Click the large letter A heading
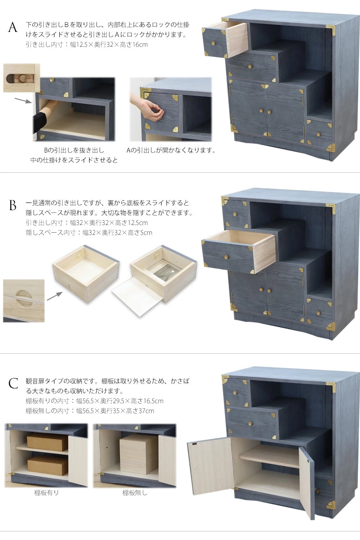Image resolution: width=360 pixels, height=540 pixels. [13, 27]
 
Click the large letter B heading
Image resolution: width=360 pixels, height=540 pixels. [13, 205]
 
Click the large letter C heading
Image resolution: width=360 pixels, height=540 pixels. [13, 383]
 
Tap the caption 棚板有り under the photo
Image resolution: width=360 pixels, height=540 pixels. [46, 492]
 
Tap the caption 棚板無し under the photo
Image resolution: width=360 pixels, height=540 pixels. [135, 492]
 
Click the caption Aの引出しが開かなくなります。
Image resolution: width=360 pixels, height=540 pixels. [171, 150]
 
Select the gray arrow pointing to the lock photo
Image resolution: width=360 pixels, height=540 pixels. [23, 100]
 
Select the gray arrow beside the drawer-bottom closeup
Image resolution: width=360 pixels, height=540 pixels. [54, 296]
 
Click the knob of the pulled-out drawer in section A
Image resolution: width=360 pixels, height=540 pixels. [213, 43]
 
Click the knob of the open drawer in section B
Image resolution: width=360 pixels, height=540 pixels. [226, 257]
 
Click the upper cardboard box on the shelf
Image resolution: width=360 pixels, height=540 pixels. [47, 442]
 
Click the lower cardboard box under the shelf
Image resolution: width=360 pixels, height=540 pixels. [48, 465]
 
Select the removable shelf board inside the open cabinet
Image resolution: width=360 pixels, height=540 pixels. [269, 456]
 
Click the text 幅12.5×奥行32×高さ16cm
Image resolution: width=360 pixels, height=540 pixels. [109, 45]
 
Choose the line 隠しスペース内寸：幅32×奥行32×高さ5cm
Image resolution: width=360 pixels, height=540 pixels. [89, 233]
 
